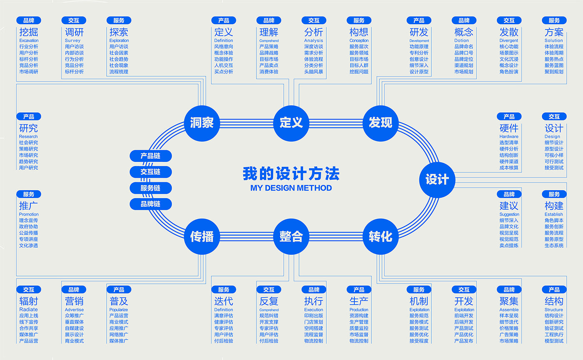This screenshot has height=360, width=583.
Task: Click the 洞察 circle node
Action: pyautogui.click(x=202, y=123)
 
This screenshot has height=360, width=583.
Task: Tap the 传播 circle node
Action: pyautogui.click(x=202, y=236)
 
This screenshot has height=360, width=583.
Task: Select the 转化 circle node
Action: pyautogui.click(x=380, y=236)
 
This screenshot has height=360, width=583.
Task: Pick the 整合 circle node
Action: pyautogui.click(x=291, y=236)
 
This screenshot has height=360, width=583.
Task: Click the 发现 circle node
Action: pyautogui.click(x=380, y=123)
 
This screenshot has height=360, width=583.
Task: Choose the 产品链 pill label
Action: pyautogui.click(x=150, y=156)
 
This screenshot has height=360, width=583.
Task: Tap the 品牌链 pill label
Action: pyautogui.click(x=150, y=204)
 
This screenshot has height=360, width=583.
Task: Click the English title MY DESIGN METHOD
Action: pyautogui.click(x=291, y=188)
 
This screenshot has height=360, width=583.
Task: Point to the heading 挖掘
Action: pyautogui.click(x=28, y=32)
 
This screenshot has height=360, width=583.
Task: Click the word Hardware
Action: pyautogui.click(x=509, y=137)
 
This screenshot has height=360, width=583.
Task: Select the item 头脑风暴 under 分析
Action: pyautogui.click(x=314, y=72)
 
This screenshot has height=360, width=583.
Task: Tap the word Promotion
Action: pyautogui.click(x=29, y=214)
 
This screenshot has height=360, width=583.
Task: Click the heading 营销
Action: pyautogui.click(x=74, y=301)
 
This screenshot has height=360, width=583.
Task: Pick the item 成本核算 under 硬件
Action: pyautogui.click(x=509, y=168)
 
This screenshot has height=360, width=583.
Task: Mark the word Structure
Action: pyautogui.click(x=553, y=310)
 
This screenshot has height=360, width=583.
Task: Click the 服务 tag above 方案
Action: pyautogui.click(x=554, y=20)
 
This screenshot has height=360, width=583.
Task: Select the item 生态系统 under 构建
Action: pyautogui.click(x=554, y=246)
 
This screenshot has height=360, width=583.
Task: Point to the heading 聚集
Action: pyautogui.click(x=509, y=301)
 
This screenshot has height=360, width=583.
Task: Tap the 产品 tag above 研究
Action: pyautogui.click(x=29, y=117)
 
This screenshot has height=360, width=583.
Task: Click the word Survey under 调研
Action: pyautogui.click(x=72, y=40)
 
